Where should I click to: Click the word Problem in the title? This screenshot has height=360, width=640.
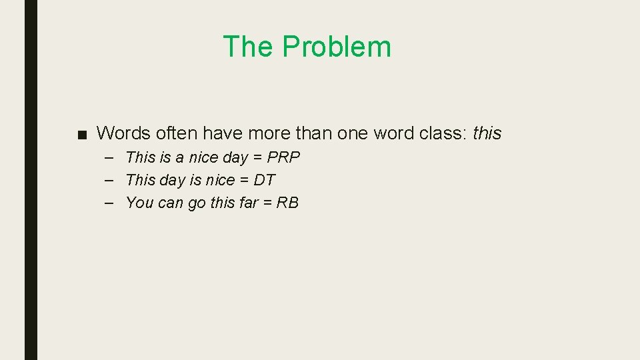tap(336, 47)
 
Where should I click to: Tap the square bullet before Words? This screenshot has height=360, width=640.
tap(81, 134)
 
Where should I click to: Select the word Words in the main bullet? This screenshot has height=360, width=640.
tap(121, 133)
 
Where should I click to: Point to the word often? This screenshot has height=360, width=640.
tap(175, 133)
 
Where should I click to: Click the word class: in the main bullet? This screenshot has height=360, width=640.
tap(443, 133)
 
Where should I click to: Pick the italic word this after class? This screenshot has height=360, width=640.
tap(487, 133)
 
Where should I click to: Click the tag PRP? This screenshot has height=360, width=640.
tap(283, 158)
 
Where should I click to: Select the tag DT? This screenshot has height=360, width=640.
tap(265, 180)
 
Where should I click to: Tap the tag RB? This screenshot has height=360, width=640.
tap(287, 203)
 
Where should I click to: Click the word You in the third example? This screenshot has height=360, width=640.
tap(139, 203)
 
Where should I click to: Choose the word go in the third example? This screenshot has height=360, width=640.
tap(197, 203)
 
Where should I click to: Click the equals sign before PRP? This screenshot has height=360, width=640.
tap(257, 158)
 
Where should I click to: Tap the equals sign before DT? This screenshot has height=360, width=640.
tap(245, 180)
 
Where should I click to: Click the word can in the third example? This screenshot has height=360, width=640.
tap(171, 203)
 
